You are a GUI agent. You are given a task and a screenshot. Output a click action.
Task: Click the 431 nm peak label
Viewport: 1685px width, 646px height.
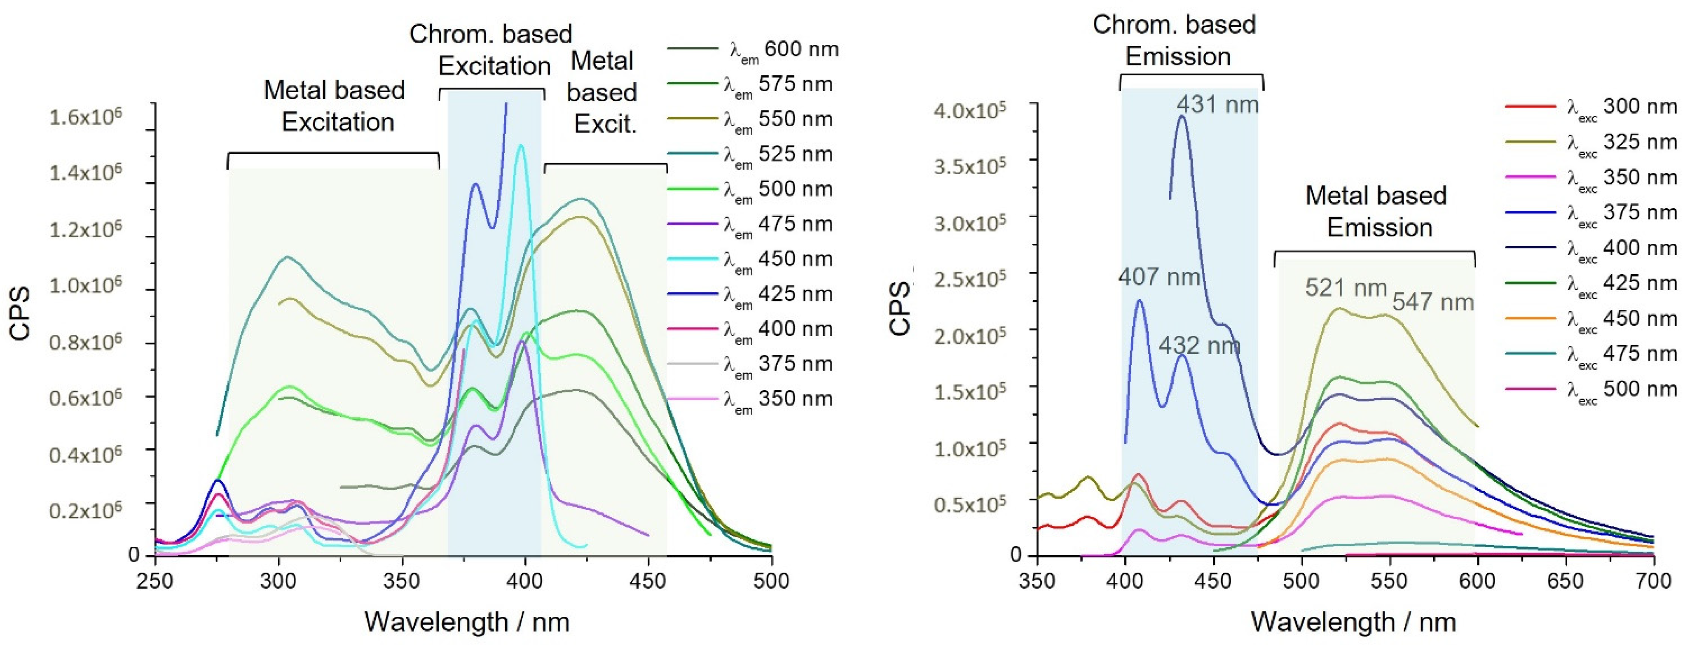tap(1217, 105)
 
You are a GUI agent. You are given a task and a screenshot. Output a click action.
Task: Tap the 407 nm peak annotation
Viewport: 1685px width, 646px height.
tap(1158, 277)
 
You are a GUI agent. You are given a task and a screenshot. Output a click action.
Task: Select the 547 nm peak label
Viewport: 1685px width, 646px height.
tap(1432, 302)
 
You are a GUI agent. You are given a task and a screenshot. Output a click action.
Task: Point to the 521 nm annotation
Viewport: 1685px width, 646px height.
tap(1346, 288)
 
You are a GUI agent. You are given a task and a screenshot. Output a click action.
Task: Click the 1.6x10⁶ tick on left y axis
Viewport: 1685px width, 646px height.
tap(85, 118)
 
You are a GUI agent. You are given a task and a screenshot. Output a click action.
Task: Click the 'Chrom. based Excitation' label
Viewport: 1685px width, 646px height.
tap(492, 50)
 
